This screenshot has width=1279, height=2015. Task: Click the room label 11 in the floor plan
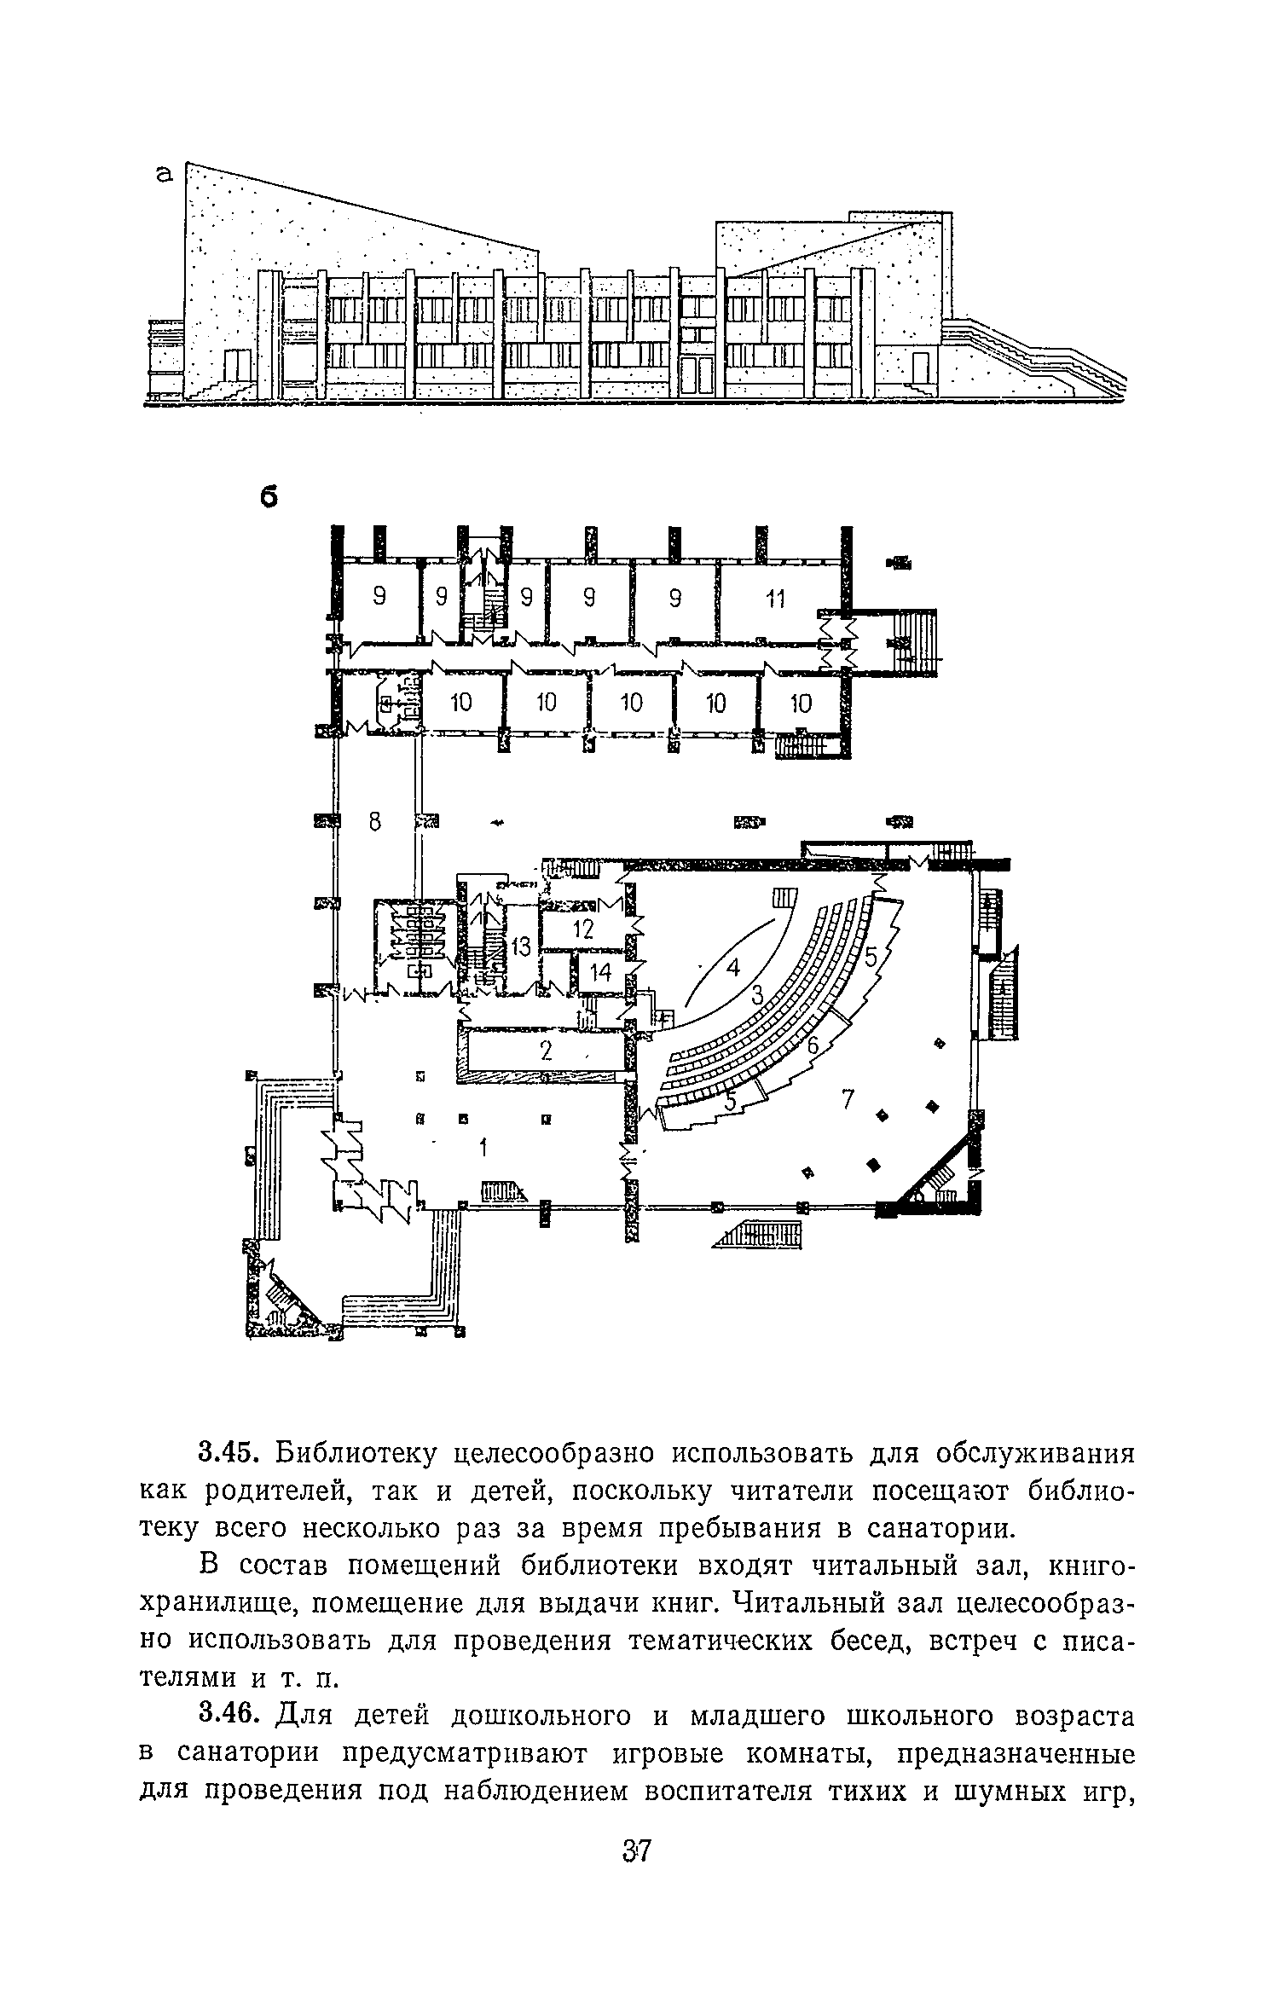click(x=774, y=599)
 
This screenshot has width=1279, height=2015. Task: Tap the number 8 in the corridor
click(x=374, y=822)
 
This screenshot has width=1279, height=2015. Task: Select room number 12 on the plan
click(x=582, y=930)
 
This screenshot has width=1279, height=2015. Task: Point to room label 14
click(x=600, y=972)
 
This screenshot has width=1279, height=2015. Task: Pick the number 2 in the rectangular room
click(x=547, y=1052)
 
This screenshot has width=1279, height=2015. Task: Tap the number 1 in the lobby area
click(x=483, y=1149)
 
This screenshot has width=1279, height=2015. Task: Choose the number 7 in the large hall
click(x=848, y=1100)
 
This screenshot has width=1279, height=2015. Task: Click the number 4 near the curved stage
click(x=734, y=969)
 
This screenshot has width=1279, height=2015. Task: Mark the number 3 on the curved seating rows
click(x=757, y=994)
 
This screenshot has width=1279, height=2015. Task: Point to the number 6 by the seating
click(x=813, y=1044)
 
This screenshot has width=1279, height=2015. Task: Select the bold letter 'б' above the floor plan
click(x=269, y=497)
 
